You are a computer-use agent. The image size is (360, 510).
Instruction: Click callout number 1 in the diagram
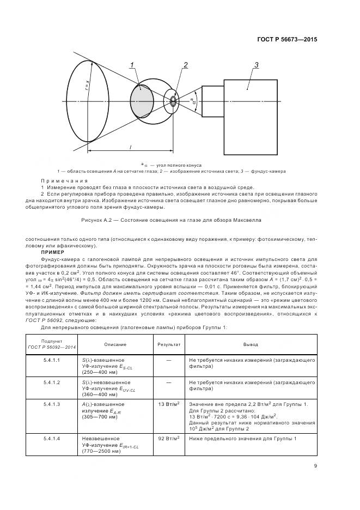coord(132,65)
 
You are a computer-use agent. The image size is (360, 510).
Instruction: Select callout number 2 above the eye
coord(185,65)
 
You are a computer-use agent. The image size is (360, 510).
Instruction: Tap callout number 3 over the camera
coord(256,65)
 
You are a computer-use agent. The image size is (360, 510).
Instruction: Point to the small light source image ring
coord(173,101)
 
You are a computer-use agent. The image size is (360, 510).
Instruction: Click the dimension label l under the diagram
coord(131,147)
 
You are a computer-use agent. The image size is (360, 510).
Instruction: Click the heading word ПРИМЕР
coord(53,253)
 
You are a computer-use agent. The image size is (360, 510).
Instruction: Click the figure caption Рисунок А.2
coord(171,220)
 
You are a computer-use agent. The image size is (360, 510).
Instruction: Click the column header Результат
coord(169,344)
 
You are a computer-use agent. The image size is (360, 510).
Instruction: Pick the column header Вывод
coord(251,344)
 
